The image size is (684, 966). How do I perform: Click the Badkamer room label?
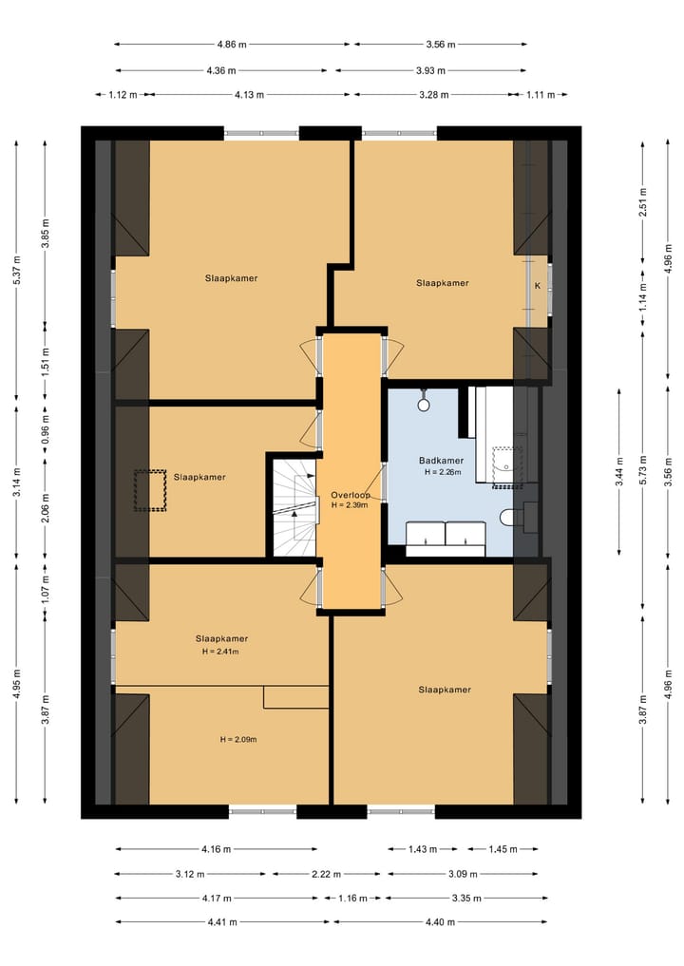coord(441,461)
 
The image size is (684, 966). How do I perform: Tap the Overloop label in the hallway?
coord(350,495)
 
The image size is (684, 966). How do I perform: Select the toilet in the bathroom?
coord(507,518)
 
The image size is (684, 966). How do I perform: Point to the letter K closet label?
coord(538,286)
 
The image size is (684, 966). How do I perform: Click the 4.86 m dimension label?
coord(232,45)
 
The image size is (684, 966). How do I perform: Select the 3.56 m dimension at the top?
coord(441,45)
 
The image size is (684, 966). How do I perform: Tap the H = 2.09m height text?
coord(238,739)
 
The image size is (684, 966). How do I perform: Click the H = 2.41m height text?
coord(220,652)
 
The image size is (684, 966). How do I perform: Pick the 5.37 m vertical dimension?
coord(17,269)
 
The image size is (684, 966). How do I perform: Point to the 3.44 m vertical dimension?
coord(620,471)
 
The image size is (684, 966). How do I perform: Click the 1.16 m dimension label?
coord(352,899)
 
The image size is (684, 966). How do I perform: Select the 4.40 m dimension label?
coord(440,922)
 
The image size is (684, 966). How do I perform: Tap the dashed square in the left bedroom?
coord(150,490)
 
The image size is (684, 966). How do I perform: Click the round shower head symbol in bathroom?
coord(424,404)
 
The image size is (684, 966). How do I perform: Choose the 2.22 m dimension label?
coord(326,874)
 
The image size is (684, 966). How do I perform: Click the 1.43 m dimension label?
coord(423,849)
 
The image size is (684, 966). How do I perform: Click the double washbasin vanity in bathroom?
coord(446,534)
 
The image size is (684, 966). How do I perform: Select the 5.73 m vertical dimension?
coord(643,470)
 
